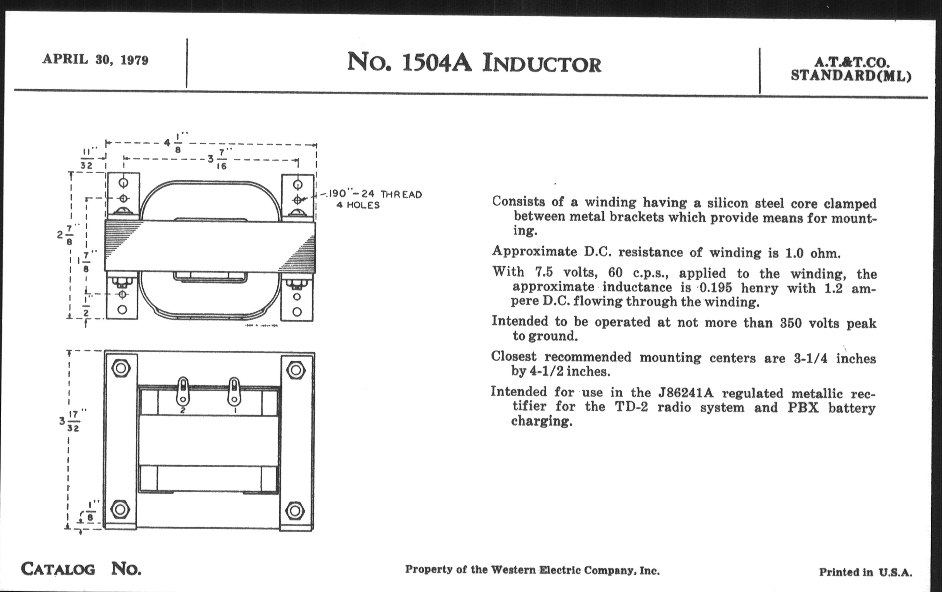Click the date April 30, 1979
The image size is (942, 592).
95,60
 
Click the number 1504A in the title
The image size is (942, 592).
437,63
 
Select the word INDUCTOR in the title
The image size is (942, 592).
542,64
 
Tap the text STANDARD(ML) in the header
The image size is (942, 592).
851,75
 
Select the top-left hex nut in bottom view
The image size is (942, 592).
121,368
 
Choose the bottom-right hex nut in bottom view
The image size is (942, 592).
295,511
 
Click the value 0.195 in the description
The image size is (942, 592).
715,288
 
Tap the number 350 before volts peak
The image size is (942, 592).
791,323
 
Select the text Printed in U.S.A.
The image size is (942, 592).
865,573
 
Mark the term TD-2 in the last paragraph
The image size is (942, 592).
631,407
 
